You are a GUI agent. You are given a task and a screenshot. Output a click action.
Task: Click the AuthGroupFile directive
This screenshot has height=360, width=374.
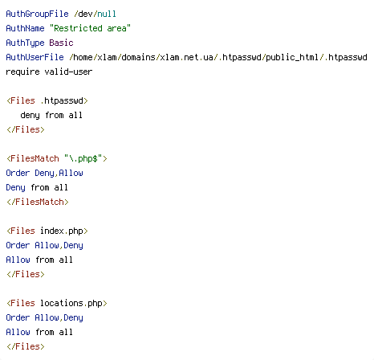pos(37,14)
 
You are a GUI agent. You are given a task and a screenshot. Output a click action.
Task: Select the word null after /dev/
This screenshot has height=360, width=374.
pos(107,14)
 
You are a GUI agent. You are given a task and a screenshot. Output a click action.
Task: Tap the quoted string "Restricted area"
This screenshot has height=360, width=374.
pos(90,28)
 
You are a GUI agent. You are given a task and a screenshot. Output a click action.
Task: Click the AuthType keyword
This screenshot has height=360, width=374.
pos(25,43)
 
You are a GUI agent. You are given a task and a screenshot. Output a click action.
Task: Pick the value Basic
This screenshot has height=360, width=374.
pos(61,43)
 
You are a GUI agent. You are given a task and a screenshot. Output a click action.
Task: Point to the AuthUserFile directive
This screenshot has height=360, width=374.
pos(35,57)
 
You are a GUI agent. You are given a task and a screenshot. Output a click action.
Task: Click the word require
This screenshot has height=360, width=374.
pos(22,72)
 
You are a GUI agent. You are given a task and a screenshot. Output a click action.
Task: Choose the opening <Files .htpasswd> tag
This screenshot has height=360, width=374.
pos(47,100)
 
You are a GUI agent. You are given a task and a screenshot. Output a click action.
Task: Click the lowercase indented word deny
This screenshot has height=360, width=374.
pos(30,116)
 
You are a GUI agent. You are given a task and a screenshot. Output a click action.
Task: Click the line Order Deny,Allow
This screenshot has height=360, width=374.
pos(44,173)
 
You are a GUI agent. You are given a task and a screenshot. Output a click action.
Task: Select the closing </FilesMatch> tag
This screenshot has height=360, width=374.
pos(38,202)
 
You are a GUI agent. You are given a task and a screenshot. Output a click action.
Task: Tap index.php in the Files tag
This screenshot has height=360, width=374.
pos(62,231)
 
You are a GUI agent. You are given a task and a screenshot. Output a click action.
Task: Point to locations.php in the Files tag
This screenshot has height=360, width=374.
pos(71,303)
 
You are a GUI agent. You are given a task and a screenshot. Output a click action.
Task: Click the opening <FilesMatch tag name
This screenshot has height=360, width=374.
pos(33,158)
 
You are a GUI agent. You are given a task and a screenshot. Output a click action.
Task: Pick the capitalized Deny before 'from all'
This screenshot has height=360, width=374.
pos(15,187)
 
